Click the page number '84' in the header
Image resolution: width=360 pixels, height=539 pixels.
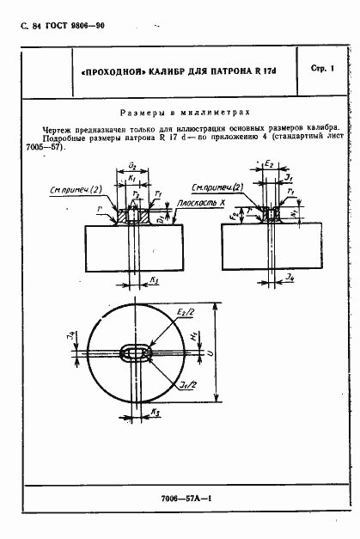click(x=39, y=27)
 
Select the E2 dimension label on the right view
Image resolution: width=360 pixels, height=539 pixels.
click(x=269, y=162)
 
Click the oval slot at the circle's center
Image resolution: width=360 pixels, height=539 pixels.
click(x=137, y=354)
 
